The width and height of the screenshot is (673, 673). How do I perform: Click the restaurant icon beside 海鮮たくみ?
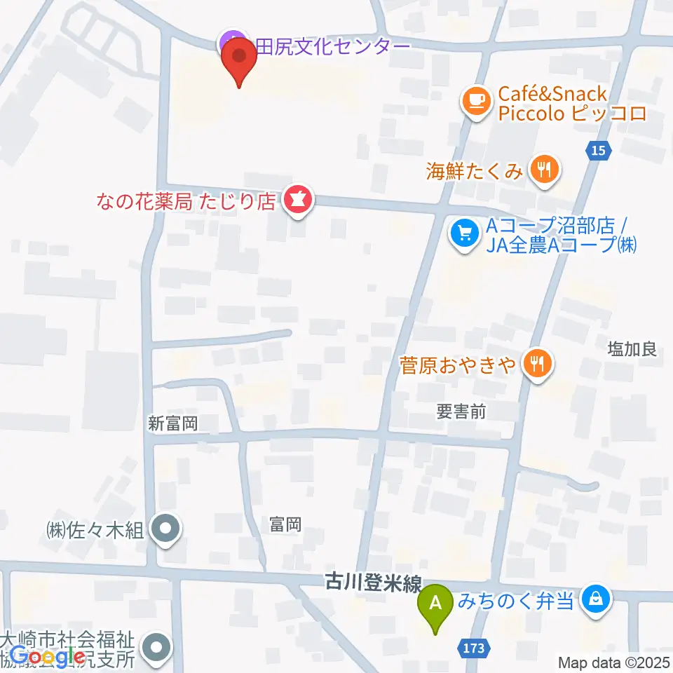point(545,169)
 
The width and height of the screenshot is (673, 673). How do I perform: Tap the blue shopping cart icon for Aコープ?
point(464,233)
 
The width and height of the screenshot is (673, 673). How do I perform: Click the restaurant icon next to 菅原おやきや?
point(538,364)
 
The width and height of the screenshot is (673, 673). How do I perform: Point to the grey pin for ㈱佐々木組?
point(165,529)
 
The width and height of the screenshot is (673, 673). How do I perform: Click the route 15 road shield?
point(597,149)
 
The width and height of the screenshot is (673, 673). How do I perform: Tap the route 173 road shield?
point(474,648)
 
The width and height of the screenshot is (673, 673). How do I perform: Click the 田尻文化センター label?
point(332,46)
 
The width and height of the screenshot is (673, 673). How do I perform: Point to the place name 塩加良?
point(632,348)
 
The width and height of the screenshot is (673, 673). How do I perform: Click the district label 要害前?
point(461,412)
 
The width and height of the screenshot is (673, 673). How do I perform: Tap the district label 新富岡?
point(173,423)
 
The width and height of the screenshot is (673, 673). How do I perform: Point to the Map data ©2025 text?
point(613,662)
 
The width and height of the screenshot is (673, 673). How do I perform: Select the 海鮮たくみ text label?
point(475,170)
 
